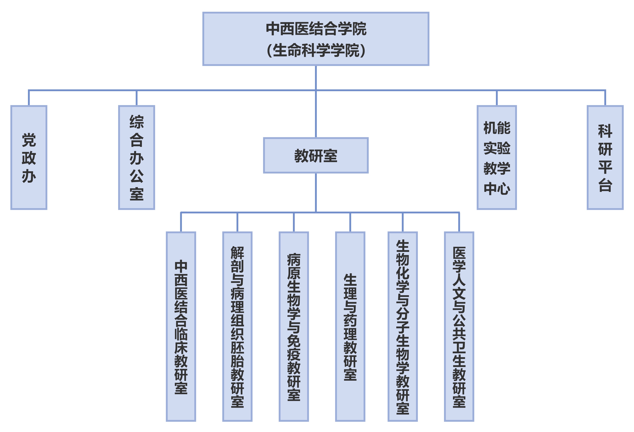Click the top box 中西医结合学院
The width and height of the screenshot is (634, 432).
point(316,39)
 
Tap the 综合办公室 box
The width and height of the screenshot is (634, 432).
point(136,157)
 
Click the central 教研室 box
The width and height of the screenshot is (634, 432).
point(316,155)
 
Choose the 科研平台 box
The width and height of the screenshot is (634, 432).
point(605,157)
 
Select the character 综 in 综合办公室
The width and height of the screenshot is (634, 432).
point(136,122)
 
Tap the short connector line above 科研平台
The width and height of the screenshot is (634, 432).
point(605,98)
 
